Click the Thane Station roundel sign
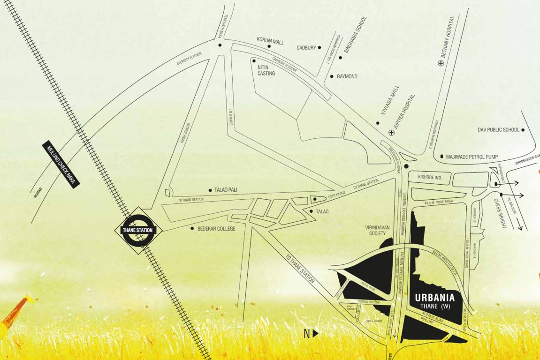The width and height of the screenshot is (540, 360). (x=138, y=230)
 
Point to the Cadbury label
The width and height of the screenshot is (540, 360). (x=306, y=47)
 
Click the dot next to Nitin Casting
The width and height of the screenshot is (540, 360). (x=254, y=60)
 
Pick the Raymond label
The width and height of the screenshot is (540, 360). (x=347, y=76)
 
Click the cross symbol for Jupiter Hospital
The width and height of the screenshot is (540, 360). (x=391, y=133)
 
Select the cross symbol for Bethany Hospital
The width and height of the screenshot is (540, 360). (x=440, y=63)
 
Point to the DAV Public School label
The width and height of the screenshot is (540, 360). (x=498, y=130)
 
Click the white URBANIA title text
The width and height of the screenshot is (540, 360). (x=435, y=297)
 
